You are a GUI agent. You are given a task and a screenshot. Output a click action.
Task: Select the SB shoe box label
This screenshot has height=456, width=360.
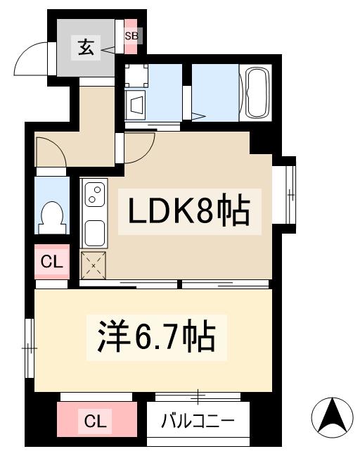tap(131, 35)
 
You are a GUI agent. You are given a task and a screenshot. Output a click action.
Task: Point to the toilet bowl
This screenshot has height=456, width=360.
tap(52, 215)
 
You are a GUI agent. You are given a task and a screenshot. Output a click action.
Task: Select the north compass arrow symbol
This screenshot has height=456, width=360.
tap(332, 415)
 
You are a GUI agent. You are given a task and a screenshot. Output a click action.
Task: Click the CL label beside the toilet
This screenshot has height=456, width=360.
tap(51, 262)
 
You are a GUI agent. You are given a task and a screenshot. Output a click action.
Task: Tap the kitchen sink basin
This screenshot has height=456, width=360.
tap(94, 230)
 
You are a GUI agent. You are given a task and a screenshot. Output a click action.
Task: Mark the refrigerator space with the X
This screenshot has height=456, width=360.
tap(94, 266)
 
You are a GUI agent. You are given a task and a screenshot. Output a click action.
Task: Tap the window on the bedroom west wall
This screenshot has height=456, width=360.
tap(29, 348)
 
